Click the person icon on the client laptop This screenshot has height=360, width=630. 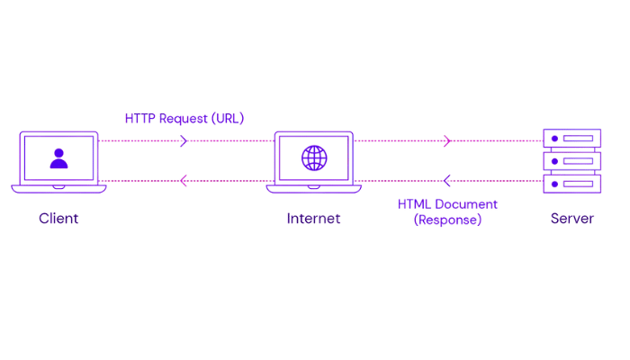click(x=58, y=159)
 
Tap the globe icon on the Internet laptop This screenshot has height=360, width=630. click(x=314, y=159)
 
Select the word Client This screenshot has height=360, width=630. click(x=58, y=219)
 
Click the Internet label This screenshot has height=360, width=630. click(x=313, y=219)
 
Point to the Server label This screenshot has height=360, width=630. click(x=572, y=219)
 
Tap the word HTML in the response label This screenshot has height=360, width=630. click(x=415, y=204)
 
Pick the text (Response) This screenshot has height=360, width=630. click(x=447, y=220)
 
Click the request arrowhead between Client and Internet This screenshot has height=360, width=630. click(x=184, y=140)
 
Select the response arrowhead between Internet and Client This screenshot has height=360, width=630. click(x=184, y=182)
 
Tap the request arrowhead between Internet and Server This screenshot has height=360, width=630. click(x=447, y=140)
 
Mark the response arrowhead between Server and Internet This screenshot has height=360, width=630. click(x=447, y=182)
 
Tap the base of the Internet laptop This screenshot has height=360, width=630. click(x=314, y=188)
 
